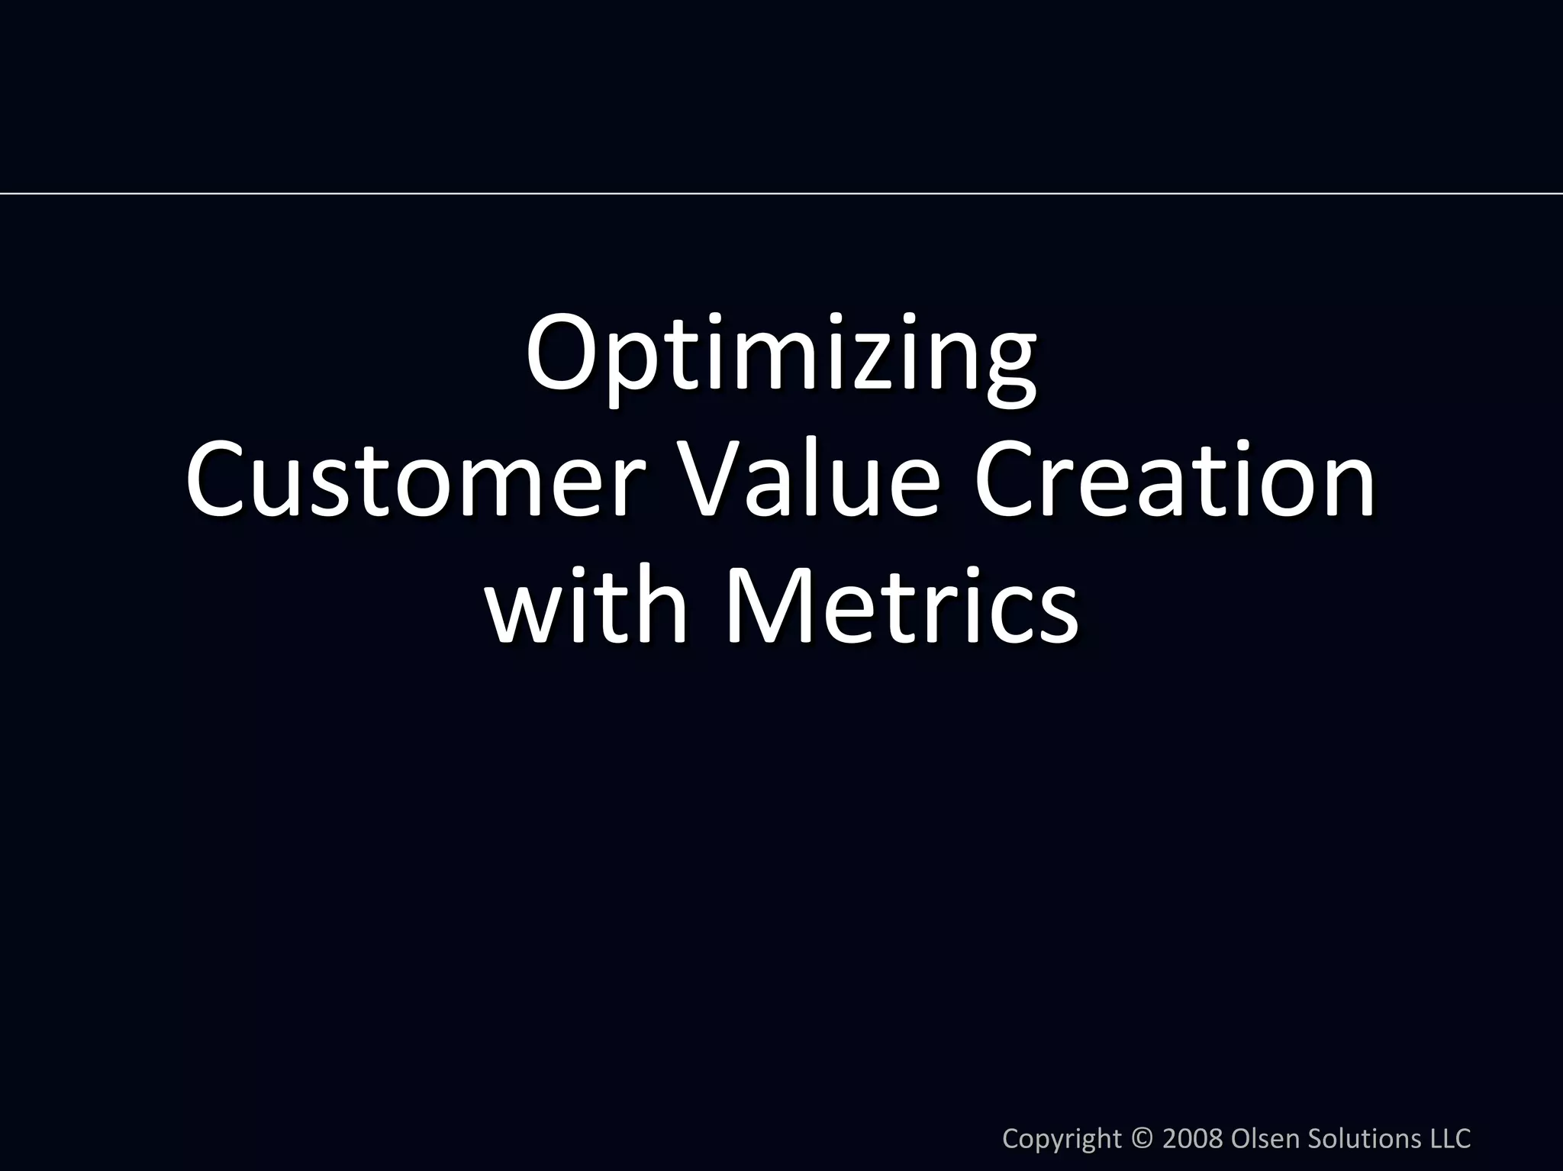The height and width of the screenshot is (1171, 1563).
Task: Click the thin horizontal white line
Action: [781, 194]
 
